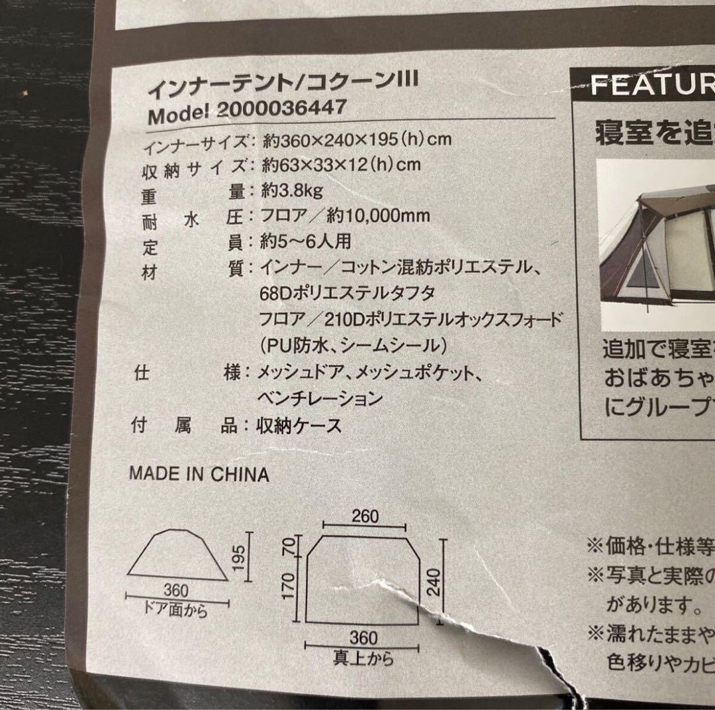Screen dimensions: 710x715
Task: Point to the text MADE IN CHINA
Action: click(199, 474)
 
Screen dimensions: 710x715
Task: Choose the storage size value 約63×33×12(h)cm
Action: click(341, 164)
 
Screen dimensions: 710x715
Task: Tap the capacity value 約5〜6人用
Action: click(305, 241)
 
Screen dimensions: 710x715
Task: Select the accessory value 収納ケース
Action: click(299, 426)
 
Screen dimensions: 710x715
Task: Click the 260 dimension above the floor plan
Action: click(365, 516)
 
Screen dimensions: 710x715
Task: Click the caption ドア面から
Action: click(176, 610)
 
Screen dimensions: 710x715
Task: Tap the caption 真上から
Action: click(363, 658)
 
